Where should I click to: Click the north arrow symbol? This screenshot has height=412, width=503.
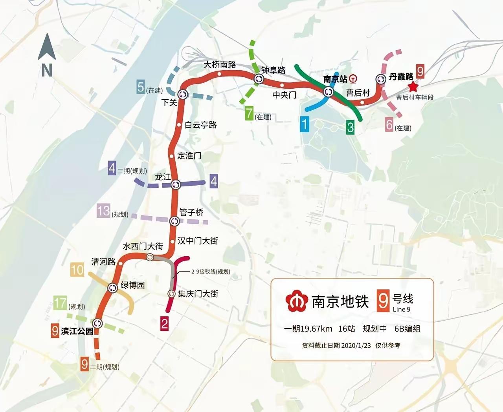pos(47,47)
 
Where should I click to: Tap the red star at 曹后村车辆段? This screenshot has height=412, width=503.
pos(413,87)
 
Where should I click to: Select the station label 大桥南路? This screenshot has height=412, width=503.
pos(220,65)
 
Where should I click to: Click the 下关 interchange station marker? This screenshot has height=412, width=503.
pos(183,94)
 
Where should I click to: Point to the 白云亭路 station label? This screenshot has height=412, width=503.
pos(200,125)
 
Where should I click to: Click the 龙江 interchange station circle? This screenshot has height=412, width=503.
pos(176,184)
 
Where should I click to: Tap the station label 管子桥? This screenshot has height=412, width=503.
pos(191,212)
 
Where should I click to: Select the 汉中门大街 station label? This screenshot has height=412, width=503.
pos(198,241)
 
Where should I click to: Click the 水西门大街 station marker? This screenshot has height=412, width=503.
pos(150,257)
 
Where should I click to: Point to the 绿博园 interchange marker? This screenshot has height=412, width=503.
pos(113,288)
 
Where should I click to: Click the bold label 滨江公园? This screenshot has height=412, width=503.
pos(77,331)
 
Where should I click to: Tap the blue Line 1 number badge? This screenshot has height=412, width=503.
pos(305,124)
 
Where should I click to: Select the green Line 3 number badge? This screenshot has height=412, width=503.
pos(350,127)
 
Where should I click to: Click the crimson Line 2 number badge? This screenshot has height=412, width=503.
pos(164,324)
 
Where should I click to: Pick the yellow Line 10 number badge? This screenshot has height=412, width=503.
pos(77,270)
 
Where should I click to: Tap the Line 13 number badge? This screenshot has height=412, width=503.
pos(104,211)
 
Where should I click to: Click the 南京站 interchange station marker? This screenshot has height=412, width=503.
pos(329,92)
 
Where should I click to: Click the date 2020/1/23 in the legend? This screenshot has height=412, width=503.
pos(356,345)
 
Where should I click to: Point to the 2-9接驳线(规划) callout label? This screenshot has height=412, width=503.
pos(211,272)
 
